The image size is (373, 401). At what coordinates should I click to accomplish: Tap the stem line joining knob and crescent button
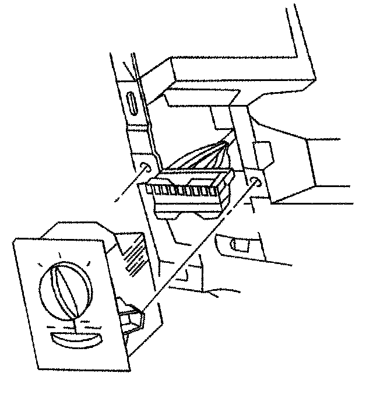(x=74, y=323)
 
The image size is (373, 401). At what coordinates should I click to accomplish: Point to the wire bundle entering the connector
(x=204, y=157)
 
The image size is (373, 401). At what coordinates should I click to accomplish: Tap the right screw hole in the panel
(x=255, y=184)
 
